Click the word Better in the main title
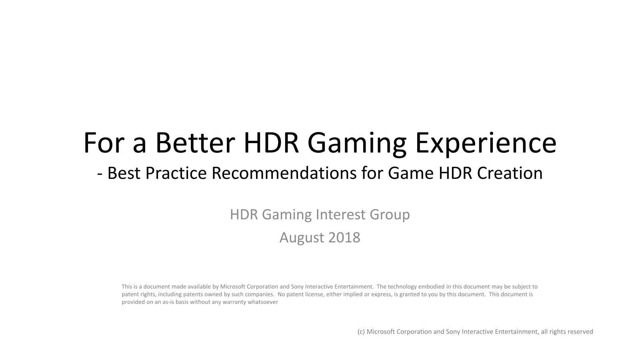pyautogui.click(x=195, y=142)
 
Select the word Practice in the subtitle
pyautogui.click(x=176, y=173)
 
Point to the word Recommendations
pyautogui.click(x=284, y=173)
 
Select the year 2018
pyautogui.click(x=344, y=238)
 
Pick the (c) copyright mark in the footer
pyautogui.click(x=361, y=332)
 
